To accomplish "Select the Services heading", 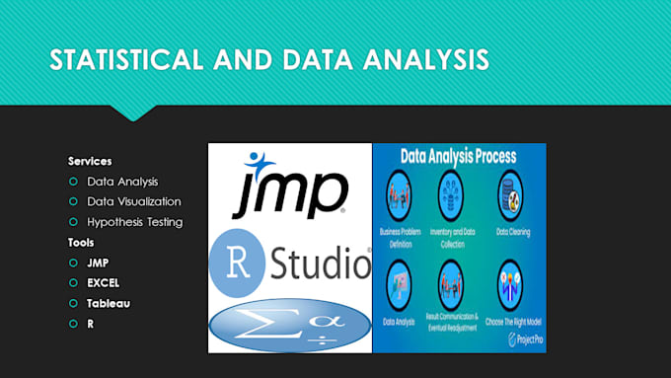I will point(90,161).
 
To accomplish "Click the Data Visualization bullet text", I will point(133,201).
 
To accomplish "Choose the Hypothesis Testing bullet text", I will point(134,222).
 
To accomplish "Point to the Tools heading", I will point(81,242).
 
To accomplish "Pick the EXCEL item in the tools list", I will point(103,283).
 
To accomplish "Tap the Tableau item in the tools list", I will point(108,303).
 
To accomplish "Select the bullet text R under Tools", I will point(91,324).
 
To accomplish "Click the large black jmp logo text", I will point(288,193).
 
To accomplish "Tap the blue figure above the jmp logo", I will point(259,160).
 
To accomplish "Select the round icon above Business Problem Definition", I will point(400,189).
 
